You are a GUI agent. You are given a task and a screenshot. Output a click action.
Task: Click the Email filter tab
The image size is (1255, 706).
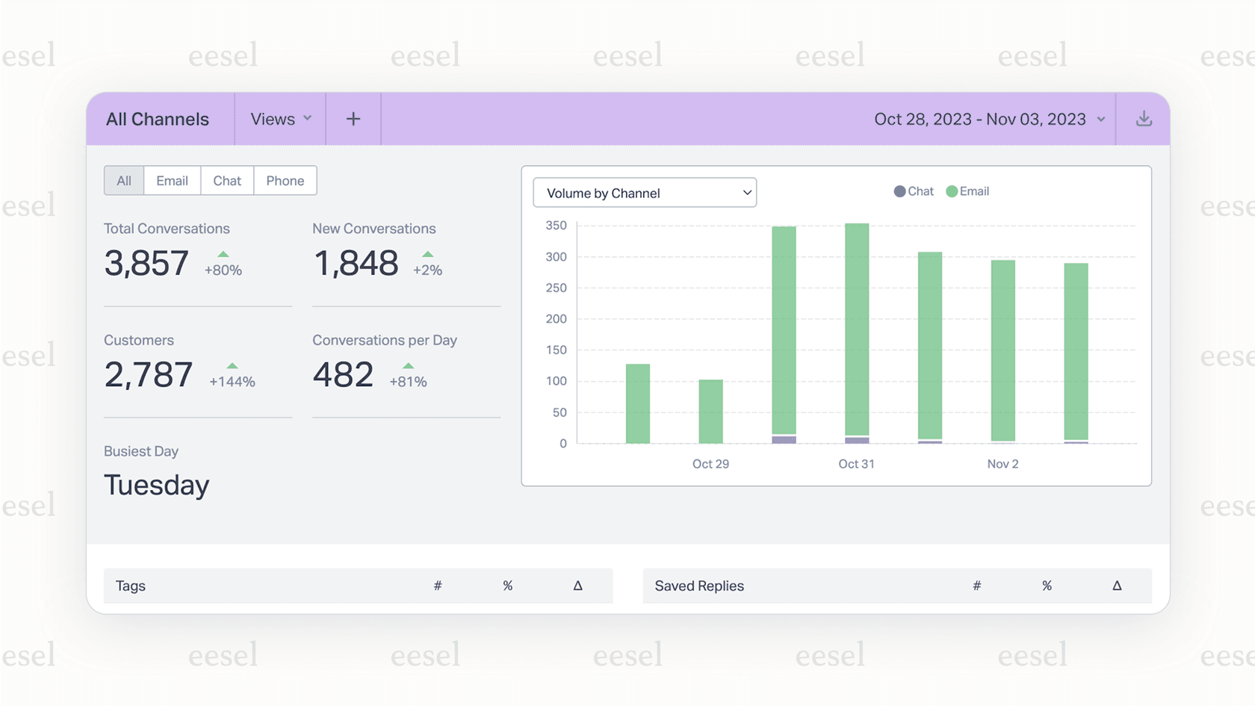pos(172,181)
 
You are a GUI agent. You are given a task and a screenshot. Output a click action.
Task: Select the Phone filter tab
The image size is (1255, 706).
pos(285,181)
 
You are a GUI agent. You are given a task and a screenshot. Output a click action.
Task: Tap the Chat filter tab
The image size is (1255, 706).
pos(227,181)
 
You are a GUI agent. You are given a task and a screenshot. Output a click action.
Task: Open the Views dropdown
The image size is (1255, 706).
pos(281,120)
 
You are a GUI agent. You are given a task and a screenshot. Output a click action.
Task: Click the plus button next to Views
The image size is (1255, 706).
pos(353,120)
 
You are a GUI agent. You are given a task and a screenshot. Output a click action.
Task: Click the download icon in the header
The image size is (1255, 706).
pos(1144,120)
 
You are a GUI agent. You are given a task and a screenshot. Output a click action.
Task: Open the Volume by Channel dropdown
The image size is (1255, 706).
pos(645,193)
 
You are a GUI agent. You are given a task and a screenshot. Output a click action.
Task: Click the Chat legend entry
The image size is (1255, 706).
pos(914,191)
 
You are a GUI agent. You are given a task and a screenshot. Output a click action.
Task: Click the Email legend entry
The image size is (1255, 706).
pos(967,191)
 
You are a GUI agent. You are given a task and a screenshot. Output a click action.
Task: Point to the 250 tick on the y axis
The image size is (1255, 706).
pos(556,288)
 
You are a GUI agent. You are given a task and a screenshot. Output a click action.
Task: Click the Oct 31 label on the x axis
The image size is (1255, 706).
pos(856,464)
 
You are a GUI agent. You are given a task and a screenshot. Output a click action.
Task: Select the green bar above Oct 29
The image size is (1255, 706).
pos(710,411)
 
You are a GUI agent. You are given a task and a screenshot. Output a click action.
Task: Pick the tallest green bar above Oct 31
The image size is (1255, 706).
pos(857,329)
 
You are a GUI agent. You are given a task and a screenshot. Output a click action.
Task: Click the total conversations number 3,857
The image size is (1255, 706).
pos(146,263)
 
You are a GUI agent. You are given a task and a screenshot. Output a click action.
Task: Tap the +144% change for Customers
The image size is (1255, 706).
pos(232,381)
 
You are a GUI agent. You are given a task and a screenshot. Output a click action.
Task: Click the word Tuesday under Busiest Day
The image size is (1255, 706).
pos(157,486)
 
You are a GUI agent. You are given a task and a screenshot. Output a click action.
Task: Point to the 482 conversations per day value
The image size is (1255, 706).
pos(343,375)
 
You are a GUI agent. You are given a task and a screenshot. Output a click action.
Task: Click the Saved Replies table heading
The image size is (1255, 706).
pos(699,586)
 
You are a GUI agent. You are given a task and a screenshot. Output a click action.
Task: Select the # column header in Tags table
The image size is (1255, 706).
pos(438,586)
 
